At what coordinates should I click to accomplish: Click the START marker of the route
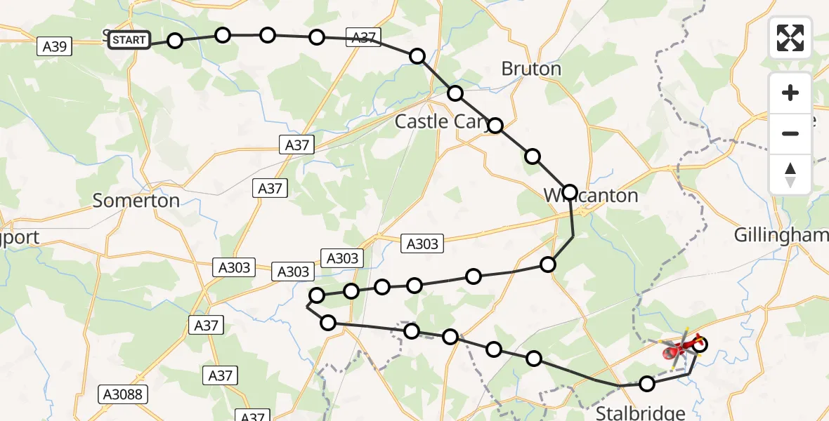click(129, 40)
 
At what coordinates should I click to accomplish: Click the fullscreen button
click(790, 37)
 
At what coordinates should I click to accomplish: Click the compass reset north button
click(790, 174)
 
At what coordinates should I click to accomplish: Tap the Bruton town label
click(531, 69)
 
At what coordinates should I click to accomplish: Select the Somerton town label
click(136, 201)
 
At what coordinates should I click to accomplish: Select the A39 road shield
click(55, 46)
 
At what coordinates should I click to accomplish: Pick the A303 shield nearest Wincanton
click(422, 243)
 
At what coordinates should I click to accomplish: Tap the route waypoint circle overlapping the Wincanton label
click(570, 192)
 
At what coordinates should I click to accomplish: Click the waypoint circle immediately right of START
click(175, 41)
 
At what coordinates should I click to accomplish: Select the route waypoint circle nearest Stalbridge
click(647, 383)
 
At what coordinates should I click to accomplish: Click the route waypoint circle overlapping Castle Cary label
click(495, 126)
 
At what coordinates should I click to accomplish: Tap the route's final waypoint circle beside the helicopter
click(700, 344)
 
